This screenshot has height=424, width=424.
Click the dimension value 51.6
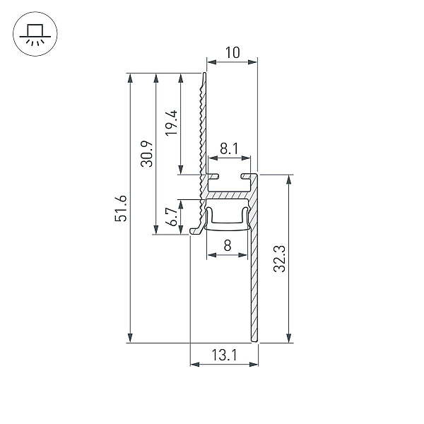tap(121, 208)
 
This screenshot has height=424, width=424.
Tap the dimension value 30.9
tap(147, 153)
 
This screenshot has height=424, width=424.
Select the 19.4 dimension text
tap(172, 123)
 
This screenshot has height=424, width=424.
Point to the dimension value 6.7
tap(172, 217)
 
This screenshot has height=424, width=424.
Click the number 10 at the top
tap(232, 53)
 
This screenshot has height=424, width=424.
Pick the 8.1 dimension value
tap(229, 148)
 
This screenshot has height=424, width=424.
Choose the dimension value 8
tap(228, 245)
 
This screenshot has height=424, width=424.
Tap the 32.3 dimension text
tap(279, 259)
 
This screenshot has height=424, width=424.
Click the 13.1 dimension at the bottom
tap(224, 355)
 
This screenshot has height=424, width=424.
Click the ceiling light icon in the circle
tap(35, 34)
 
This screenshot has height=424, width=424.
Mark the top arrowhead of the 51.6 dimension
tap(130, 78)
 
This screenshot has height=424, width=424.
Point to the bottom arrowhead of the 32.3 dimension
tap(289, 338)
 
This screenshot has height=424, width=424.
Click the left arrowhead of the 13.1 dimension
tap(195, 365)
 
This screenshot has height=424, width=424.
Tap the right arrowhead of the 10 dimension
tap(252, 62)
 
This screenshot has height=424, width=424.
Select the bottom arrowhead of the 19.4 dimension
tap(181, 170)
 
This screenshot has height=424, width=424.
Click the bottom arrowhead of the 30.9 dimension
tap(155, 230)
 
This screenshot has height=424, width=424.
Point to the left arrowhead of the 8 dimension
tap(211, 255)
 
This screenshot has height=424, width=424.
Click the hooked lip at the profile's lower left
tap(196, 230)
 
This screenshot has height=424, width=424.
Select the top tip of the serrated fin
tap(205, 73)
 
